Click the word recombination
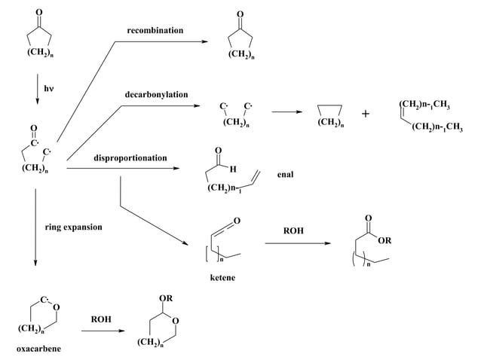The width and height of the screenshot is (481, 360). pyautogui.click(x=155, y=30)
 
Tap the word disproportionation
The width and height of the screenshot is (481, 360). pyautogui.click(x=130, y=158)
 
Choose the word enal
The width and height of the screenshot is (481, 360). pyautogui.click(x=285, y=174)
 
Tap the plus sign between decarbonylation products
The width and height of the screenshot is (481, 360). pyautogui.click(x=366, y=114)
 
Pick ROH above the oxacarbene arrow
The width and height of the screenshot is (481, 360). pyautogui.click(x=101, y=319)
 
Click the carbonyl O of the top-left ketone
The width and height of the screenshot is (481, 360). pyautogui.click(x=39, y=11)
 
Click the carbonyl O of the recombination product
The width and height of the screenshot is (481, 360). pyautogui.click(x=240, y=14)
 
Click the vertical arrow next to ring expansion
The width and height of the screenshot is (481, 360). pyautogui.click(x=35, y=226)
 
